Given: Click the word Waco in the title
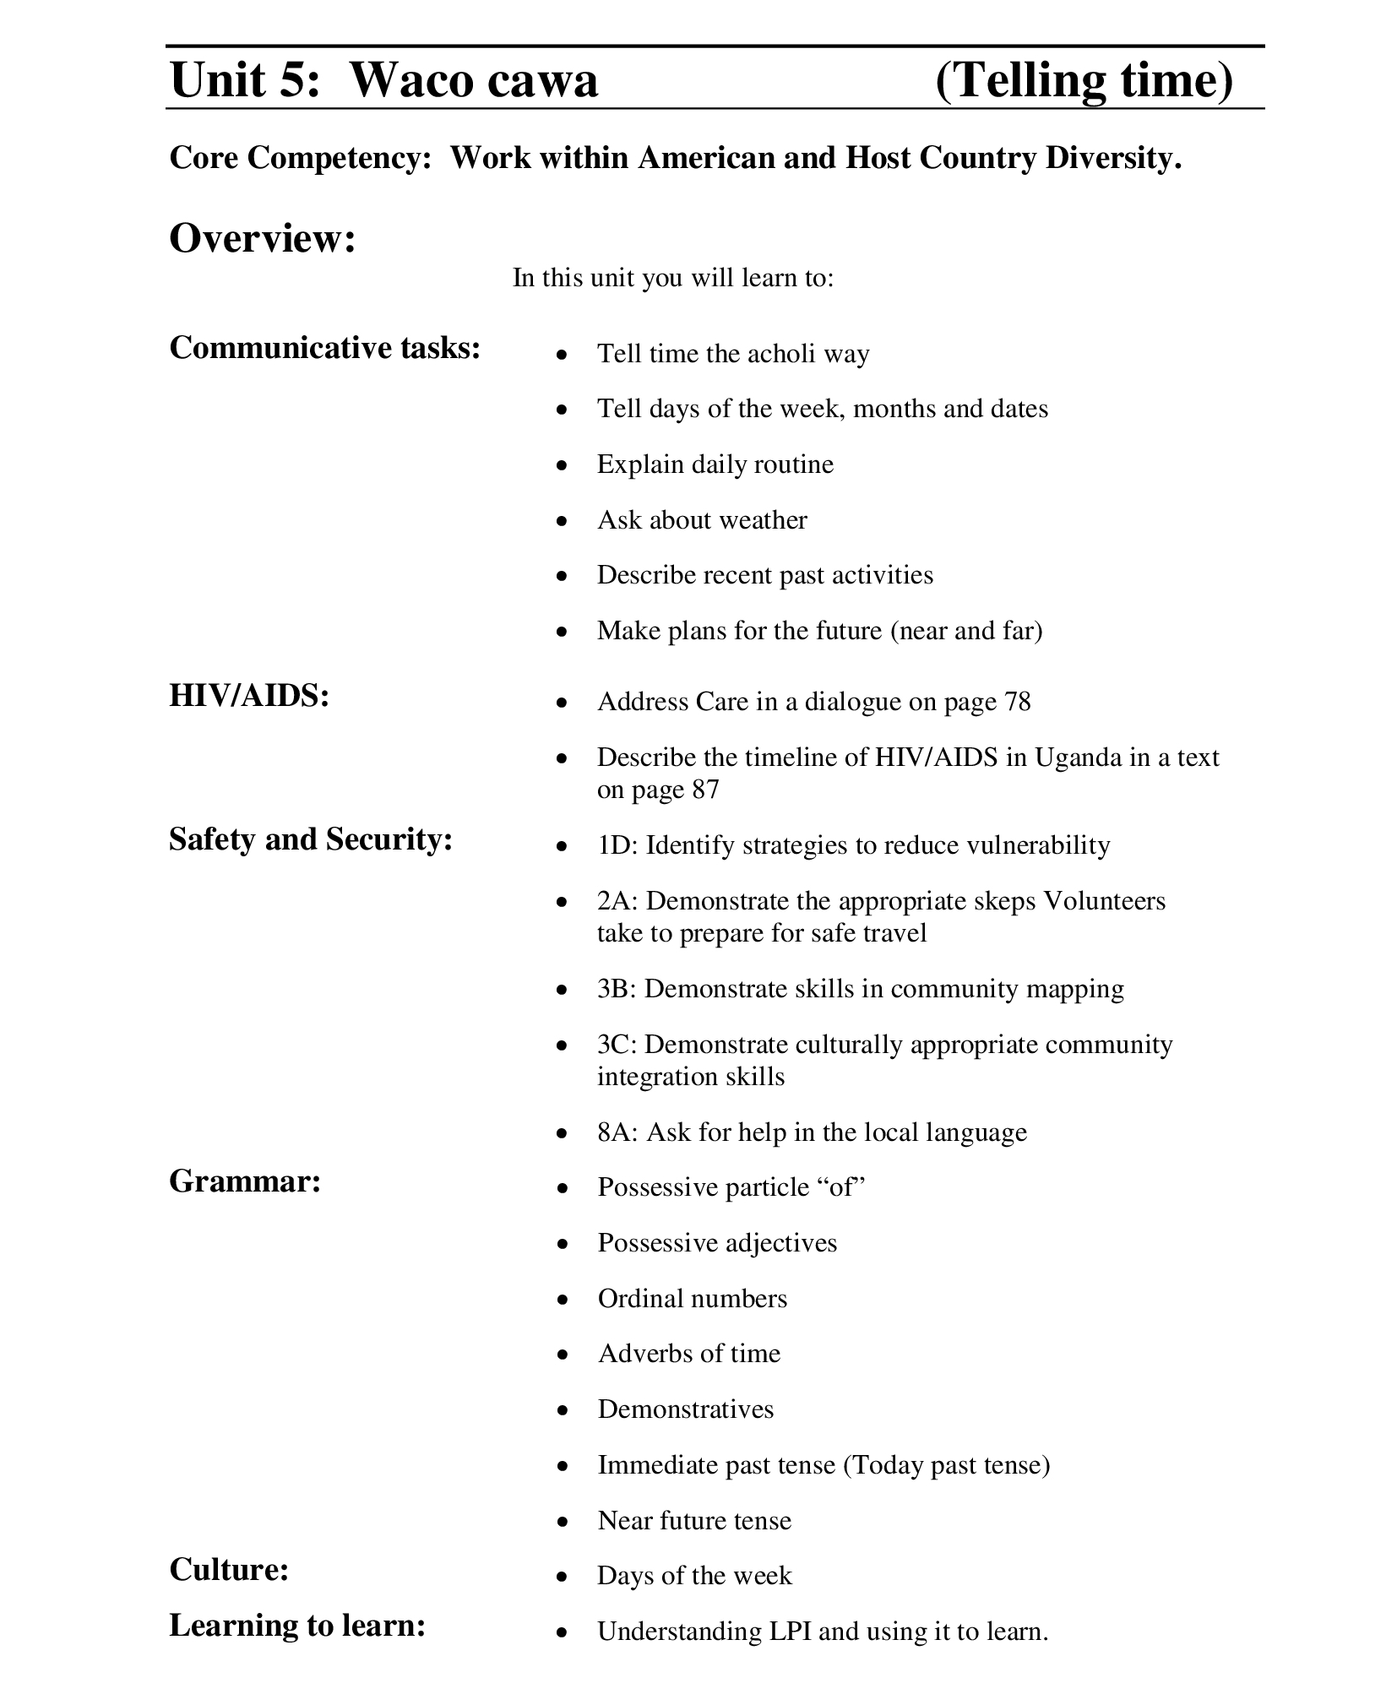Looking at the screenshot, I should tap(404, 81).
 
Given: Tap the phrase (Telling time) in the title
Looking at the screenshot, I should tap(1084, 81).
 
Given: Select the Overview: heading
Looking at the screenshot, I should tap(263, 238).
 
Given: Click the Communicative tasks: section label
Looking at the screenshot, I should tap(325, 348).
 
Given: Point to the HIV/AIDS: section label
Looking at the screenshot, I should tap(249, 696).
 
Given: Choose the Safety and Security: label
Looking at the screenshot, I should tap(311, 839).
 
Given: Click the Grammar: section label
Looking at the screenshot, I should tap(245, 1181).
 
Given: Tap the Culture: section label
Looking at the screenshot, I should tap(229, 1569).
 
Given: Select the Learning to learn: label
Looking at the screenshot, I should tap(297, 1625).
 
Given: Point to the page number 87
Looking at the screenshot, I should tap(704, 790).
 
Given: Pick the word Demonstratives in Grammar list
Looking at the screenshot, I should tap(686, 1409).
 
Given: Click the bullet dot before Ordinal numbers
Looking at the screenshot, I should tap(563, 1300).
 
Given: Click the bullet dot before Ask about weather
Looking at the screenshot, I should tap(563, 521).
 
